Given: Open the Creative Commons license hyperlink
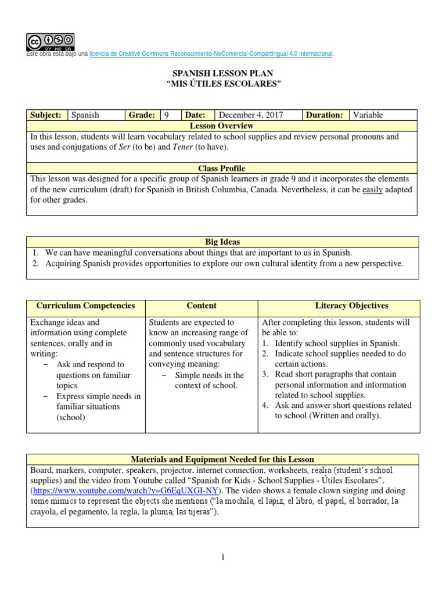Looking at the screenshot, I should [211, 54].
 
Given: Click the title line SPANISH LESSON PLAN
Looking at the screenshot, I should [223, 74].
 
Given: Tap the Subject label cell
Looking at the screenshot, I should [46, 115].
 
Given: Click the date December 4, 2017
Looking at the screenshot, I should [250, 115].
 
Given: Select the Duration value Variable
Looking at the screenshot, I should [368, 115].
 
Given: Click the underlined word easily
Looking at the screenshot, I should [373, 190].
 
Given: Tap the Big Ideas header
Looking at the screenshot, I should [222, 242].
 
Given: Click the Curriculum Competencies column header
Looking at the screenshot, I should [86, 306].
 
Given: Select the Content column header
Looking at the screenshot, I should [202, 306].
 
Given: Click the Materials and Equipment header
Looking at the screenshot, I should [222, 460].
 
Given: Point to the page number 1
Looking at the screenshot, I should [222, 558].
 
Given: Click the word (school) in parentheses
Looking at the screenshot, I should [71, 417].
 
